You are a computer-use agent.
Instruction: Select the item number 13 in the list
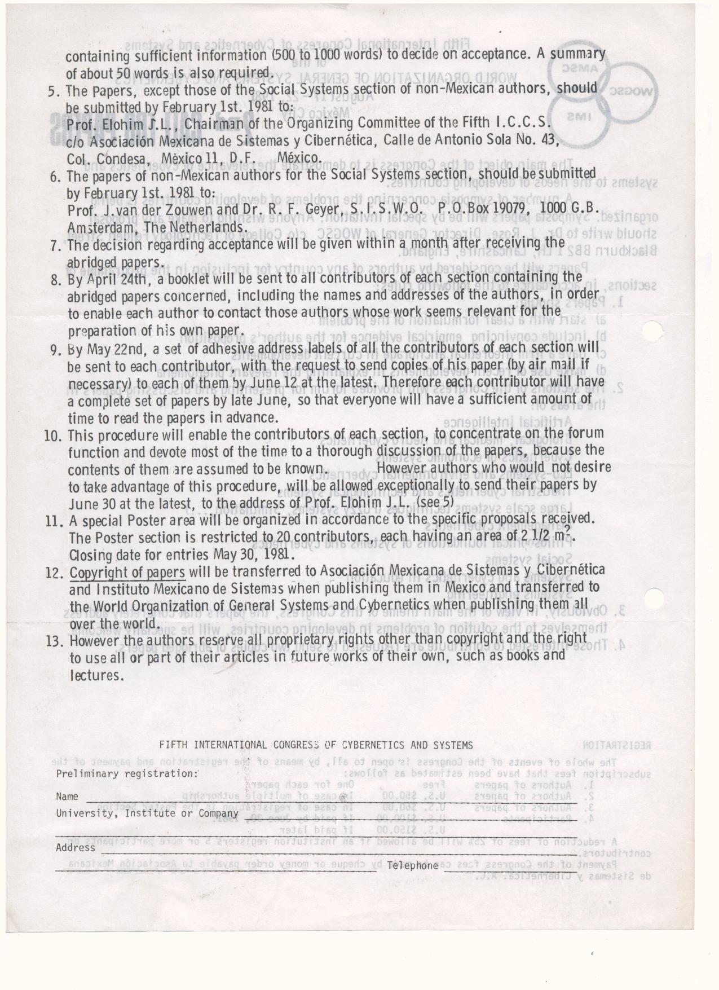[x=54, y=641]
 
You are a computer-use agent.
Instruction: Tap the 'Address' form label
[x=75, y=847]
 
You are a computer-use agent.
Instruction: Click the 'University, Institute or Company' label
[x=147, y=813]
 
